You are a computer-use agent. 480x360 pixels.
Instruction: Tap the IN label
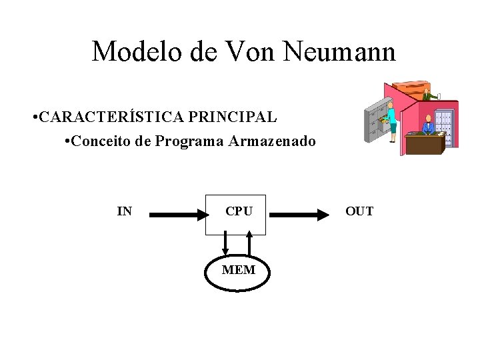[124, 212]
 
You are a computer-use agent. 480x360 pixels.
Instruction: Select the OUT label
[359, 212]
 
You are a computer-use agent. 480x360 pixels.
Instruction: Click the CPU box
[235, 214]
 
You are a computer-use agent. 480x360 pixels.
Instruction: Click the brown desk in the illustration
[425, 143]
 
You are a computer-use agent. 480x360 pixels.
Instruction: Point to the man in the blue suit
[427, 125]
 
